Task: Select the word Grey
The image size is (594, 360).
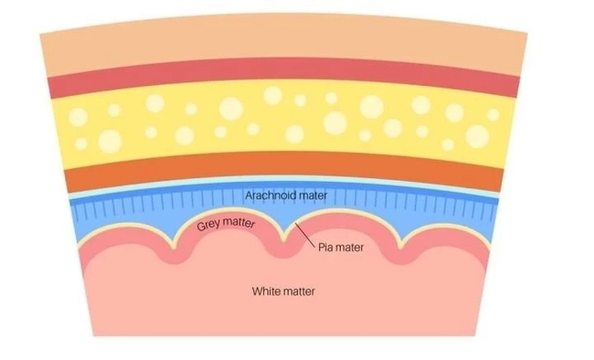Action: (x=208, y=225)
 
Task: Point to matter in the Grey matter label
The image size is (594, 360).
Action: (x=239, y=223)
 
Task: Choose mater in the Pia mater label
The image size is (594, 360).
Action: (x=350, y=248)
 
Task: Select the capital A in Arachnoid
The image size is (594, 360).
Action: (x=249, y=196)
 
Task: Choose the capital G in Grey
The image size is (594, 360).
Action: (x=201, y=227)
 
